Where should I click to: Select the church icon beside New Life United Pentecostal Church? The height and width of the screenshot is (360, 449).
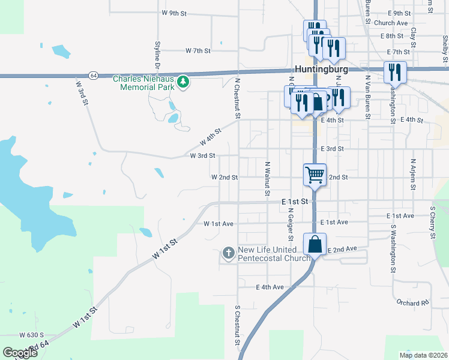(x=228, y=253)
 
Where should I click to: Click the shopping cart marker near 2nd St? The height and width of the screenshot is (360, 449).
(x=315, y=175)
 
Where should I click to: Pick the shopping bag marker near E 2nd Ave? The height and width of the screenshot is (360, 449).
(x=315, y=244)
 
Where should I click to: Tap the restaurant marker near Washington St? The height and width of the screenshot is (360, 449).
(x=395, y=72)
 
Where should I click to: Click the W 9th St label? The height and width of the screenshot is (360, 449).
(x=175, y=13)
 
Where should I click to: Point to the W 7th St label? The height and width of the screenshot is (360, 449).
(x=198, y=51)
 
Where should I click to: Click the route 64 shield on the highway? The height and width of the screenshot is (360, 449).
(x=93, y=76)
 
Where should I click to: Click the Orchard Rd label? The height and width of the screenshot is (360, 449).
(x=412, y=302)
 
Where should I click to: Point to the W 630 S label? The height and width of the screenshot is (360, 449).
(x=32, y=335)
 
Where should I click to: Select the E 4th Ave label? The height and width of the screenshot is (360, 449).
(x=270, y=287)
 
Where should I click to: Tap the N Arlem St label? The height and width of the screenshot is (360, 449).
(x=413, y=174)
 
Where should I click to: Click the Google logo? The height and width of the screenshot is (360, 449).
(x=20, y=353)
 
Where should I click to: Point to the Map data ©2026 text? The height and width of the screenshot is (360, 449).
(x=423, y=355)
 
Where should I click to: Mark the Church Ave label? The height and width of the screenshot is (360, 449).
(x=391, y=23)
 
